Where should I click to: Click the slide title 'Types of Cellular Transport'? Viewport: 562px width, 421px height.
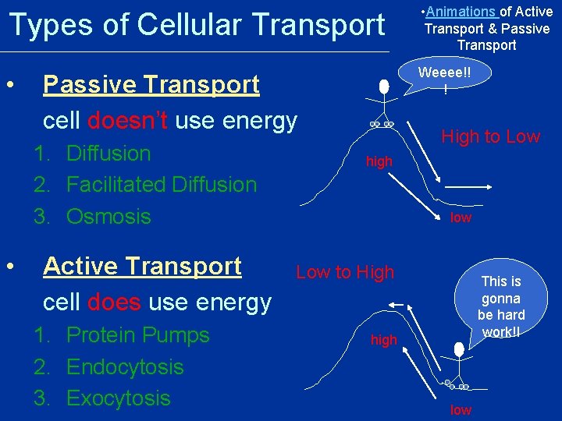[197, 25]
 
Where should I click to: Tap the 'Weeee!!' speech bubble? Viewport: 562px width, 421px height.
[444, 80]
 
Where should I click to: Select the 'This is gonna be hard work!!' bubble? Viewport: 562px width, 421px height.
[501, 306]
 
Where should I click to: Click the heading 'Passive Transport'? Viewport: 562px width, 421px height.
[151, 84]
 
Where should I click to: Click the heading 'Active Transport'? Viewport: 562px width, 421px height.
[142, 266]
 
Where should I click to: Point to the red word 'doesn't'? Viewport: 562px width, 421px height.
[128, 121]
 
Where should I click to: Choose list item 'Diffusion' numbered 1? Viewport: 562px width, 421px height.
[108, 154]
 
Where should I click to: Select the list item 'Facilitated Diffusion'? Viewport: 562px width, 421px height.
[161, 185]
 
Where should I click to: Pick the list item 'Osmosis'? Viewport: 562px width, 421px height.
[108, 216]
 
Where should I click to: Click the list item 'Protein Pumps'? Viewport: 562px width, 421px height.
[137, 335]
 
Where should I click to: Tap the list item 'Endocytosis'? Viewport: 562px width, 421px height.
[125, 366]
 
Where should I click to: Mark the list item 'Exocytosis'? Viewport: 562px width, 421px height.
[118, 398]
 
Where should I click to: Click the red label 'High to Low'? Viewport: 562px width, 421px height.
[490, 136]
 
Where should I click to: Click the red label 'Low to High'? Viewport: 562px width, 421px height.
[345, 272]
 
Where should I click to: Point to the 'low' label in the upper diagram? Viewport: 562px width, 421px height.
[461, 218]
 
